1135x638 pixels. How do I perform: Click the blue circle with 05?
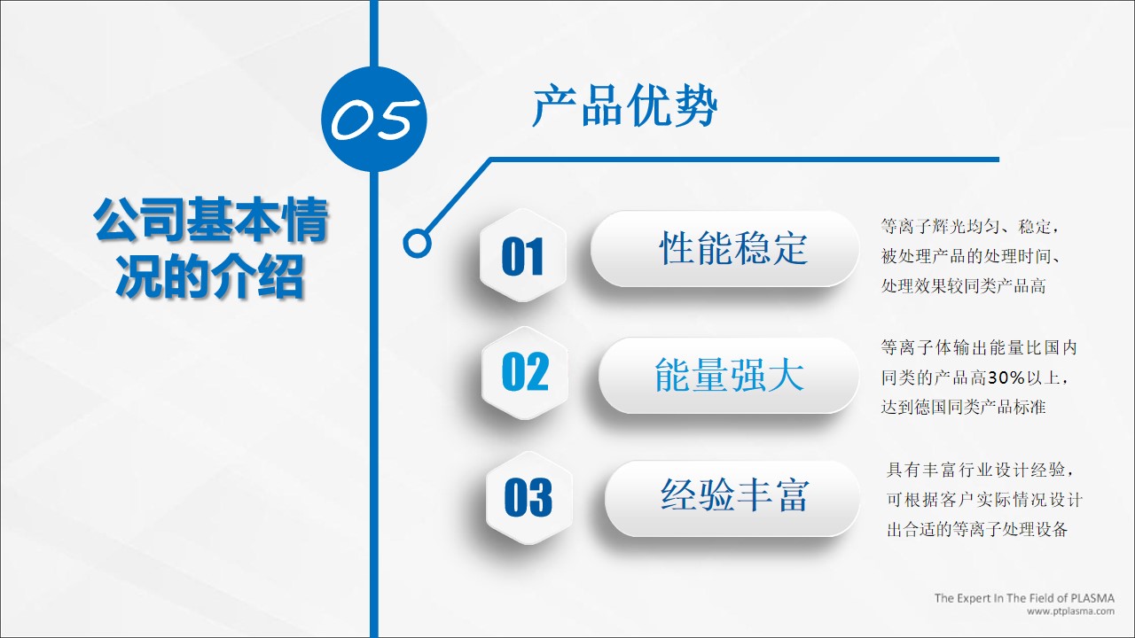374,119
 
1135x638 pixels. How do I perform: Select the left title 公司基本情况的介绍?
211,247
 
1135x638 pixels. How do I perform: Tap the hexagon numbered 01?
523,255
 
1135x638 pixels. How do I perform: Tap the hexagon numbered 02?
525,372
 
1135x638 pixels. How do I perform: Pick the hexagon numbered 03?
529,498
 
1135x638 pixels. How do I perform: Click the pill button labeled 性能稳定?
725,249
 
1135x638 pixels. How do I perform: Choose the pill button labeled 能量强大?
729,375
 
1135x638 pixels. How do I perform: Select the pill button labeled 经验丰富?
732,498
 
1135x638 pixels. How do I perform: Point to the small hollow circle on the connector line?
417,243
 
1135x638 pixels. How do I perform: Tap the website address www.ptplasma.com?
1070,611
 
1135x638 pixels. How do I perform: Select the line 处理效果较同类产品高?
963,286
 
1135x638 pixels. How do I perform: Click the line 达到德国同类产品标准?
963,407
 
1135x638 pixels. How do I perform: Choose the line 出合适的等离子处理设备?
977,530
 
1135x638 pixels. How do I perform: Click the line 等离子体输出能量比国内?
979,347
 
